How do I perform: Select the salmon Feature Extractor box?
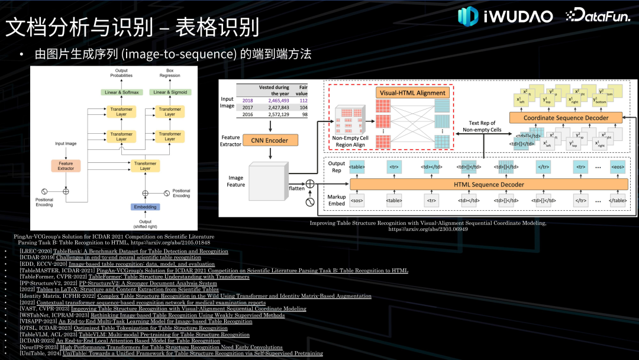tap(66, 165)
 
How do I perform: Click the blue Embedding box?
tap(145, 207)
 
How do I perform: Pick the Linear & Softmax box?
tap(122, 92)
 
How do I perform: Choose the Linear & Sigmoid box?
tap(170, 92)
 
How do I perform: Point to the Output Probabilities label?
tap(121, 74)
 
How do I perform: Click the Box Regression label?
tap(170, 74)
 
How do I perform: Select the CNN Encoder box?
tap(270, 140)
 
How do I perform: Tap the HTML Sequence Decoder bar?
tap(488, 185)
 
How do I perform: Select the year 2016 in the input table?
tap(247, 114)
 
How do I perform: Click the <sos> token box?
tap(357, 201)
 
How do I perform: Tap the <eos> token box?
tap(618, 167)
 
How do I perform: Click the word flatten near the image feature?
tap(297, 188)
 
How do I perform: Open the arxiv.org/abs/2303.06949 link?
tap(428, 229)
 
